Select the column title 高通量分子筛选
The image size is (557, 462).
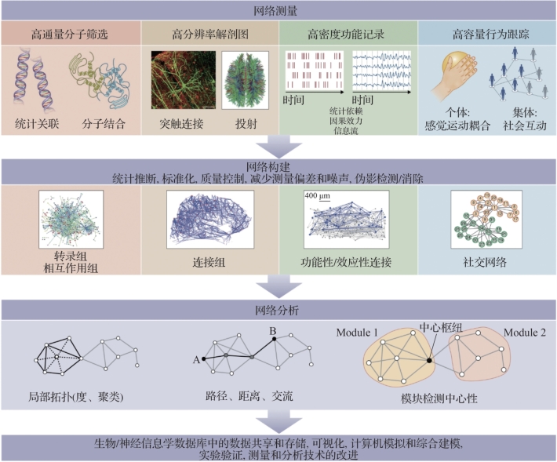(71, 35)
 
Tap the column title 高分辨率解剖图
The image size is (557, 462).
(210, 35)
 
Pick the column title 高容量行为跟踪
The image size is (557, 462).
(484, 35)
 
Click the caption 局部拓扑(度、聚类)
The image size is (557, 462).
(81, 398)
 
